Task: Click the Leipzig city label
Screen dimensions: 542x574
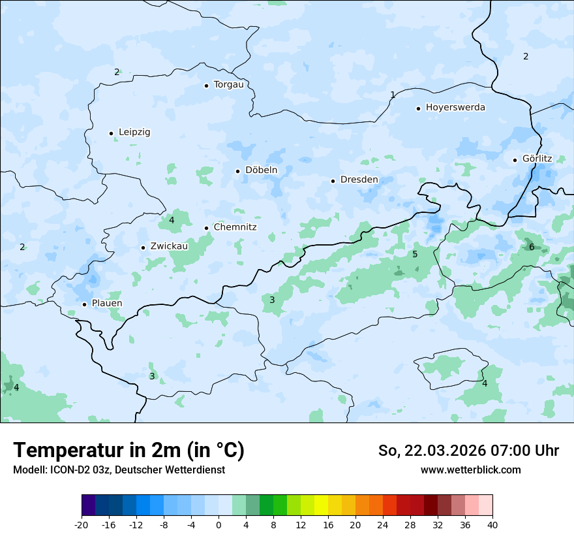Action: (x=134, y=132)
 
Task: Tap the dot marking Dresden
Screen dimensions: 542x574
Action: (x=333, y=181)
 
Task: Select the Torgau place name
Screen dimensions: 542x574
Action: (x=228, y=85)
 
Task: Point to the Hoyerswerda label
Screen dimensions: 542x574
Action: (x=455, y=107)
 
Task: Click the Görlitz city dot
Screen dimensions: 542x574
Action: (x=515, y=160)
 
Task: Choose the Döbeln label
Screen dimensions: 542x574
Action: (x=261, y=170)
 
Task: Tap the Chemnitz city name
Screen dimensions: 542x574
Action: (x=235, y=227)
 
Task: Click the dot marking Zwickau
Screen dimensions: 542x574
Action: (x=143, y=247)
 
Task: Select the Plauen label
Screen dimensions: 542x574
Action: (x=106, y=304)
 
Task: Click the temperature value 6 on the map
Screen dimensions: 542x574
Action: (x=532, y=247)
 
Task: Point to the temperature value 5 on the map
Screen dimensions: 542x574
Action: (x=415, y=254)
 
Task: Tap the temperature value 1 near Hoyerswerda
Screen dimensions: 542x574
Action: (x=392, y=95)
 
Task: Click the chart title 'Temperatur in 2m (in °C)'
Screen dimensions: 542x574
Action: (x=128, y=450)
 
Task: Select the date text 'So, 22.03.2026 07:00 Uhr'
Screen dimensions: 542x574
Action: (x=468, y=451)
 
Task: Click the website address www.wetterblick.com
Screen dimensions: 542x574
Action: (x=470, y=470)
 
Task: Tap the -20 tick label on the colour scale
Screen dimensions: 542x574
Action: (x=82, y=524)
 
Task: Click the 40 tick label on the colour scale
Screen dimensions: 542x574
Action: (x=492, y=524)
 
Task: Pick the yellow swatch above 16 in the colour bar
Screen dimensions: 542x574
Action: (x=321, y=505)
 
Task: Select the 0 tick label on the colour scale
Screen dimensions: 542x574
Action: (x=219, y=524)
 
